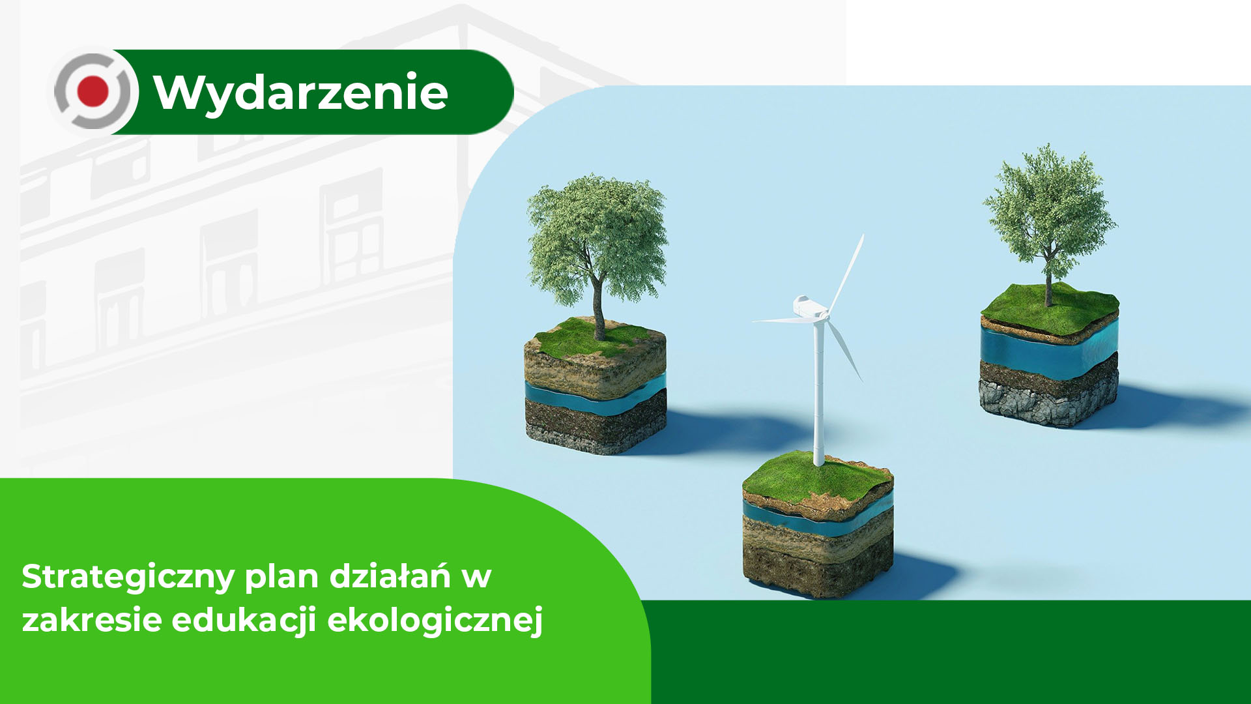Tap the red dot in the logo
coord(93,91)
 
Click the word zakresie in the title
coord(92,619)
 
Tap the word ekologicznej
coord(435,621)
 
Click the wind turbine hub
coord(823,316)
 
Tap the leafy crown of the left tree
coord(597,239)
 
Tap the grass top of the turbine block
coord(818,479)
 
